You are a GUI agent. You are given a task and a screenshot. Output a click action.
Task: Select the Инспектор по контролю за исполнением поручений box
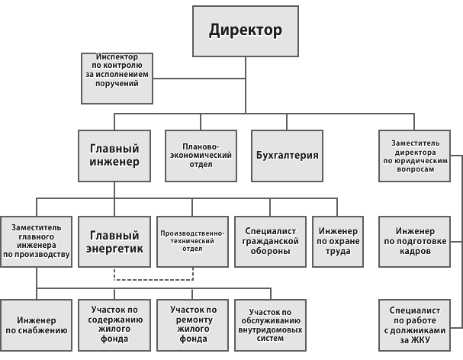click(118, 78)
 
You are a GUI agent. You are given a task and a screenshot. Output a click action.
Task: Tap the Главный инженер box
click(114, 156)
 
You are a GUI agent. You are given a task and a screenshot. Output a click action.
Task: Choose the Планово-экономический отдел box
click(201, 156)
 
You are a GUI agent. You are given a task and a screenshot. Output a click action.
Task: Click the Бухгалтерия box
click(286, 156)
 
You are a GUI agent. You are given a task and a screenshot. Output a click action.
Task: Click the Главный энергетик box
click(114, 241)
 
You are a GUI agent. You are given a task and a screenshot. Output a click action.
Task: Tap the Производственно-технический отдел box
click(193, 241)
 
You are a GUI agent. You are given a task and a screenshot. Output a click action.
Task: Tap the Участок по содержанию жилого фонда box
click(114, 325)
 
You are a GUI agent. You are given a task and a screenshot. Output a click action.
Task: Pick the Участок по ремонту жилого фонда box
click(193, 325)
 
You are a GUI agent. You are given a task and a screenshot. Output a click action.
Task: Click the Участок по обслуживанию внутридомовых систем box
click(271, 325)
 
